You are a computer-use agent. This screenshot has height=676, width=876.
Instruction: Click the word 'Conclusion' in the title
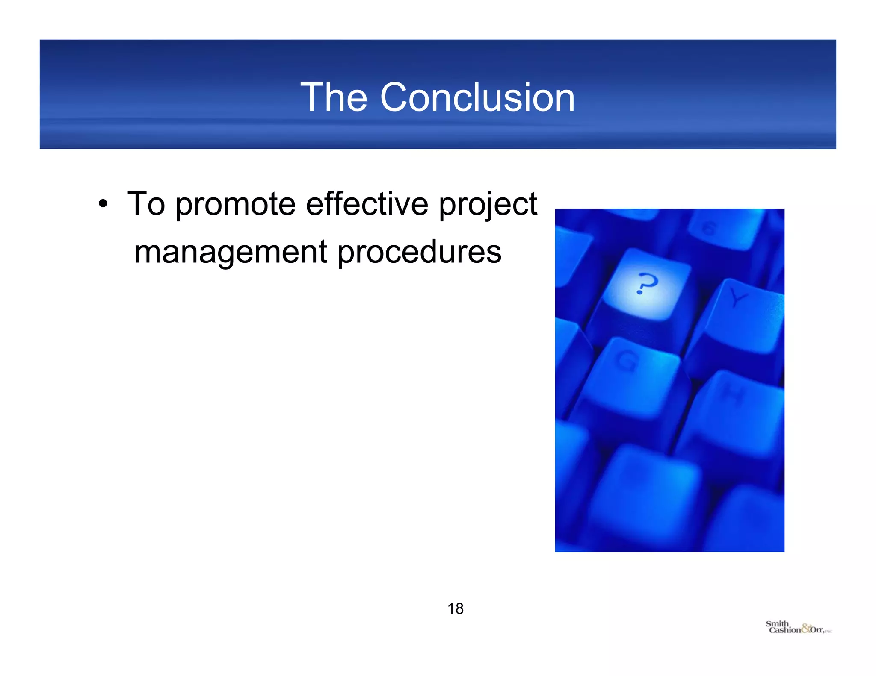(477, 98)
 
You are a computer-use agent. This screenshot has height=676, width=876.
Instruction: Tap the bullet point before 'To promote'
(103, 204)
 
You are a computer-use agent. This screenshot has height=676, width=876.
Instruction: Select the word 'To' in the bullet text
(146, 204)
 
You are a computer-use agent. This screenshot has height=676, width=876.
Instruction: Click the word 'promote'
(235, 205)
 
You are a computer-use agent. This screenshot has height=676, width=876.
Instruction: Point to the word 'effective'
(367, 204)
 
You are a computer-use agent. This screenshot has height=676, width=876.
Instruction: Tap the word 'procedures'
(419, 252)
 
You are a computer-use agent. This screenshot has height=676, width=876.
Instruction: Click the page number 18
(456, 608)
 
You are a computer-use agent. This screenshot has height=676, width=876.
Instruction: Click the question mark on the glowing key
(646, 283)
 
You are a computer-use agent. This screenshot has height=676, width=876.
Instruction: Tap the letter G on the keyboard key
(627, 361)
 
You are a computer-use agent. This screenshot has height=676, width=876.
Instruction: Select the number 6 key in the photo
(708, 229)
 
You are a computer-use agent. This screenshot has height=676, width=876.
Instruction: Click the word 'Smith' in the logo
(777, 623)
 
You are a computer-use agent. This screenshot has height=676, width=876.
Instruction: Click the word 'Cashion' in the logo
(784, 630)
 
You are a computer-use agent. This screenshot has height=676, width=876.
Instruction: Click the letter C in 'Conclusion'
(395, 98)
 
